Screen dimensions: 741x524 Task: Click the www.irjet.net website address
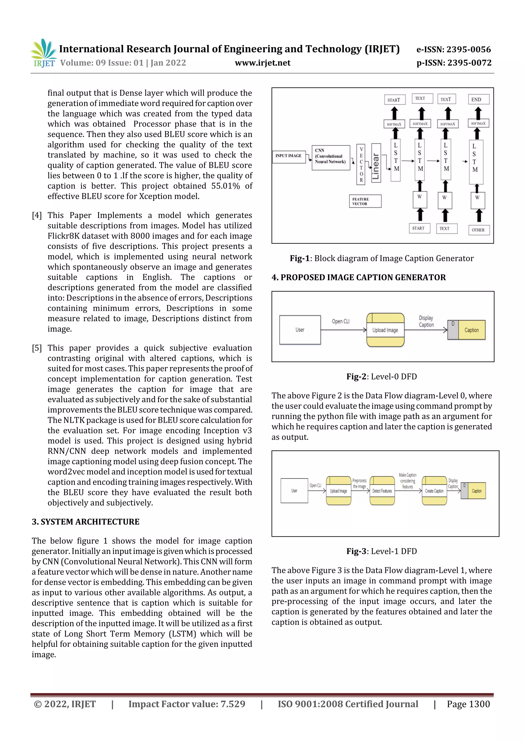pos(263,63)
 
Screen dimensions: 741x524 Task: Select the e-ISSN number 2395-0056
pos(454,49)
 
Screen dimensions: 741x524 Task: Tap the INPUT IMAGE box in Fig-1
pos(288,156)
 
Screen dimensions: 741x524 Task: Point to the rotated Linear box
pos(376,163)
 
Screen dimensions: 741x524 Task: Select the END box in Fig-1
pos(478,99)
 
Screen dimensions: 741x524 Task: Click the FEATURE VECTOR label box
pos(365,201)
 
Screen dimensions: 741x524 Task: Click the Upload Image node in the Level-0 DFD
pos(385,330)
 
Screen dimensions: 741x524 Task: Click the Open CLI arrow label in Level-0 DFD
pos(341,322)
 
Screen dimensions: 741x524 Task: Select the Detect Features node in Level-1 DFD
pos(382,491)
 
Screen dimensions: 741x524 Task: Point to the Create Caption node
pos(434,491)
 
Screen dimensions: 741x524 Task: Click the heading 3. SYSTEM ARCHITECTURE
pos(85,522)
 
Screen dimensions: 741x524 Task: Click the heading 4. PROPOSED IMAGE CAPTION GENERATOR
pos(358,278)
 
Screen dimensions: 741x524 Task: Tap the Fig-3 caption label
pos(382,551)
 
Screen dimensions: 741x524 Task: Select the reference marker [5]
pos(37,348)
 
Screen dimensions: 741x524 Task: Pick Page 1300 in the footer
pos(468,704)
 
